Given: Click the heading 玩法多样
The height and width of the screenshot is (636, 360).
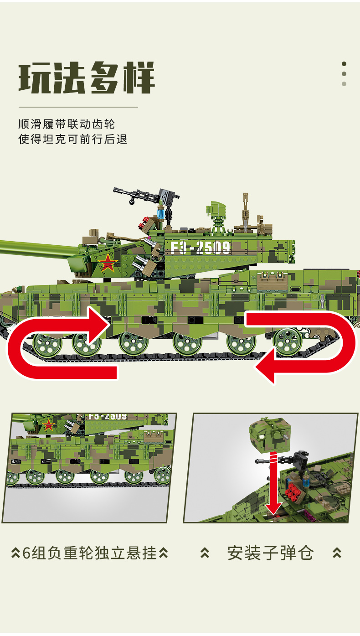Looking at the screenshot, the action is pos(87,77).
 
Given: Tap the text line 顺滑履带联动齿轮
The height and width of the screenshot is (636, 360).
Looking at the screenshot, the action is pos(67,124).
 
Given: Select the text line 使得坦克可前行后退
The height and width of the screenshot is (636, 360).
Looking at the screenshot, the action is pos(73,139).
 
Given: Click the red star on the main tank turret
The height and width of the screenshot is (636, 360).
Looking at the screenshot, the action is pos(108,262).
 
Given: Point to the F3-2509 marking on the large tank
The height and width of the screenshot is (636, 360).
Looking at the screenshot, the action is pos(201,248).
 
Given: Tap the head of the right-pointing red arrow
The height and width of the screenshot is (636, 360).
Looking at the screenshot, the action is pos(99,326).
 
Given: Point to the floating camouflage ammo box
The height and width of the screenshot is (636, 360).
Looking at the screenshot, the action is pos(269,434).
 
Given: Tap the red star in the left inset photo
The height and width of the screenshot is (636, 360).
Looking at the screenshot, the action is pos(48,425).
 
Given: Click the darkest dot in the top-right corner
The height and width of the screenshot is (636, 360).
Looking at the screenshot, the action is pos(344,64).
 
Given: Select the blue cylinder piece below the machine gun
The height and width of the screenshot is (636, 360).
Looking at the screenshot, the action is pos(161,212).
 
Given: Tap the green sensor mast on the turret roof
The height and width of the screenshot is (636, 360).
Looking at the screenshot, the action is pos(217,217).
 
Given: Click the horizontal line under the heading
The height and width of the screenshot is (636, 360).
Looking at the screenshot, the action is pos(78,107).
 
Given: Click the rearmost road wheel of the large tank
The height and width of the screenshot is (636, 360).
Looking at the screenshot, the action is pos(288,341).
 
